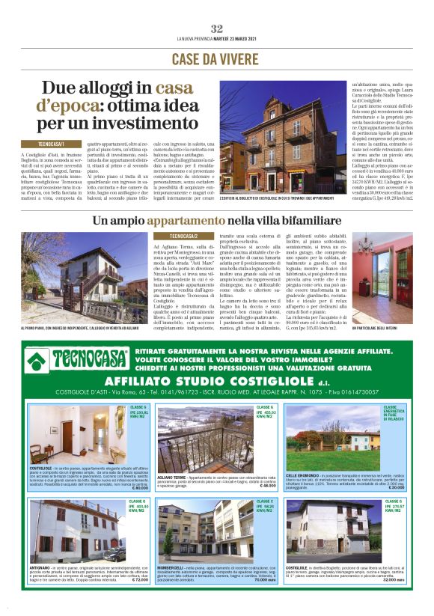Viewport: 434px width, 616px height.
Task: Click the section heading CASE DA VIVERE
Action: tap(216, 58)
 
